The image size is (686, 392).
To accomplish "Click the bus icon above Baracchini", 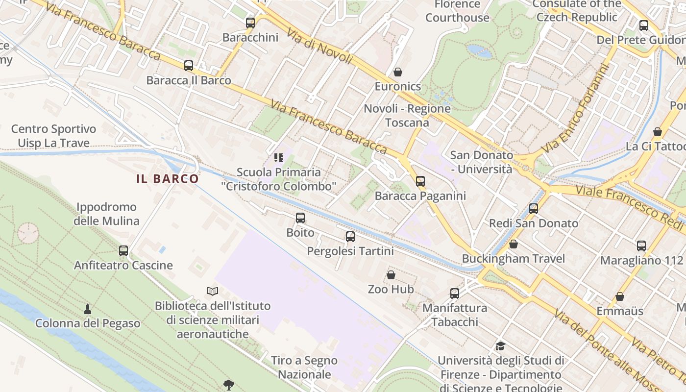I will (x=250, y=23).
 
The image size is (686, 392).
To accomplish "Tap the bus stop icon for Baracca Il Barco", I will (x=189, y=65).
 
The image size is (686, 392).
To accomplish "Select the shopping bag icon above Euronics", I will (x=398, y=72).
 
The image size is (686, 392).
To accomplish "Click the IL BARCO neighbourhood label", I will (x=168, y=179).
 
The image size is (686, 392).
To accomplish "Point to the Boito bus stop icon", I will (x=300, y=218).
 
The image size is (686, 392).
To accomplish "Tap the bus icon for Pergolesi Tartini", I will (x=350, y=237).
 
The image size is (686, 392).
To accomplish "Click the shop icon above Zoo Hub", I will (x=391, y=275).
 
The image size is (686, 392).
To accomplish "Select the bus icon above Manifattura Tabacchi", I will (x=455, y=294).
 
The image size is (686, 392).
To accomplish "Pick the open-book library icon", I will (x=213, y=292).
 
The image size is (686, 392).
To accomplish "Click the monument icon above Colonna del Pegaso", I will (x=88, y=309).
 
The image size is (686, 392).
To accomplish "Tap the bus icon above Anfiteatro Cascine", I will (x=123, y=251).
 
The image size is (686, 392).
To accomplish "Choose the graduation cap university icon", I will (x=500, y=346).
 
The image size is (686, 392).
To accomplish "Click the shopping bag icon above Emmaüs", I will (x=620, y=296).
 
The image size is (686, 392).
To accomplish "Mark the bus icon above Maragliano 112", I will (x=641, y=246).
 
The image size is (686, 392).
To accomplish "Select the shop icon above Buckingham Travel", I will (x=514, y=244).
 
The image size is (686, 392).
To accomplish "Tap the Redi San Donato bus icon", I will (x=534, y=209).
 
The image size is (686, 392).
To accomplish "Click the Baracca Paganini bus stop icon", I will (x=420, y=181).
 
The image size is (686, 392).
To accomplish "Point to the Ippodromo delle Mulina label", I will (x=106, y=214).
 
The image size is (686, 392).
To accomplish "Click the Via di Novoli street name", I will (x=319, y=47).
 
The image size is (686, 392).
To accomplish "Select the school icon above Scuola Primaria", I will (x=279, y=158).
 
